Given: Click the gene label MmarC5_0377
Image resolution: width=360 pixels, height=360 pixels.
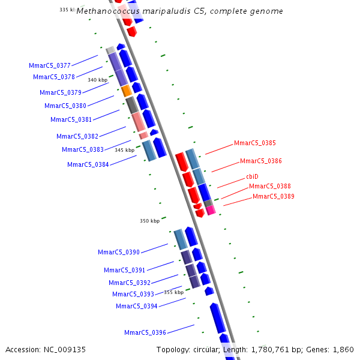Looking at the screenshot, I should (x=50, y=65).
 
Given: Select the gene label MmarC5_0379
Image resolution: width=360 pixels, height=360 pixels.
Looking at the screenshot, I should (x=61, y=92).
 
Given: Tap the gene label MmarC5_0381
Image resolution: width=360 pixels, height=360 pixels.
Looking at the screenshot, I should (x=71, y=119).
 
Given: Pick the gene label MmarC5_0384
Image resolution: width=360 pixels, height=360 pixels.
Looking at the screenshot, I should (x=88, y=164).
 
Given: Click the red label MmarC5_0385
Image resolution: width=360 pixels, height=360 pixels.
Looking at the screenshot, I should (x=255, y=143).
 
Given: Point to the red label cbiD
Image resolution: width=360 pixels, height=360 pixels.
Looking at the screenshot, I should (x=252, y=176).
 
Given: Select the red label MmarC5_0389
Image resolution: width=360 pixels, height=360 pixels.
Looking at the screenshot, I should (x=273, y=196).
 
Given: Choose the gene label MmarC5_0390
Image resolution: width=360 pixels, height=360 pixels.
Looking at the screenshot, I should (x=119, y=252).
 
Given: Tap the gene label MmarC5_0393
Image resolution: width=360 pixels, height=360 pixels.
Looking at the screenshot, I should (x=133, y=294).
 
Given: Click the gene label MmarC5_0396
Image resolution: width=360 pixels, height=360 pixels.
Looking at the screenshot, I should (x=145, y=332).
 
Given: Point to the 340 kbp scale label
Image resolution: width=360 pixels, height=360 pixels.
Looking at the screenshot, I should (x=97, y=79).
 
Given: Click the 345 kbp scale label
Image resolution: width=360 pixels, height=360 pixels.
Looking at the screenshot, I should (x=124, y=150).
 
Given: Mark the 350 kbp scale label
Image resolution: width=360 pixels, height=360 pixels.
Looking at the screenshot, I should (x=149, y=221).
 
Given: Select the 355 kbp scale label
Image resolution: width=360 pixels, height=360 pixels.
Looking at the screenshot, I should (x=173, y=292).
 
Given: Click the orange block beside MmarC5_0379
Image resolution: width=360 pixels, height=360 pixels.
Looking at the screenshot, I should (x=126, y=91).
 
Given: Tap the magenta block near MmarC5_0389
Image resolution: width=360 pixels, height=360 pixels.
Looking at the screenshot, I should (x=211, y=210).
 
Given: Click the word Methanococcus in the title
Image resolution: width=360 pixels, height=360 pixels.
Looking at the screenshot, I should (x=104, y=11).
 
